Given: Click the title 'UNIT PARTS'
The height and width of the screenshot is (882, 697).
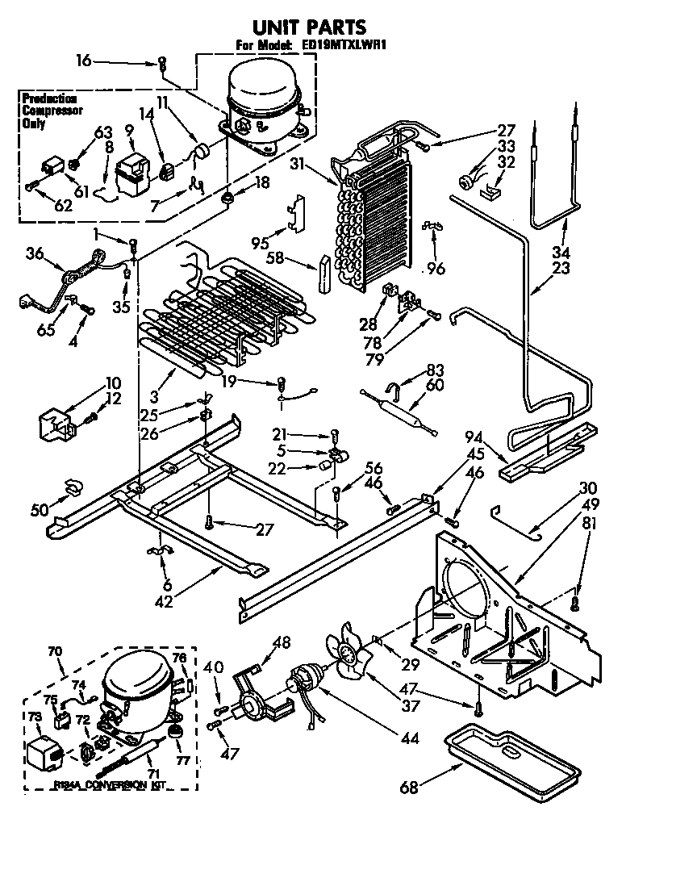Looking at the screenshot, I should pyautogui.click(x=298, y=27).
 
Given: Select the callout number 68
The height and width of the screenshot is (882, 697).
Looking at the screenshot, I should pyautogui.click(x=410, y=788).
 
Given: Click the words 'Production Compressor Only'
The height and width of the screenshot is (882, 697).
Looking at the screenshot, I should pyautogui.click(x=49, y=111).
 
